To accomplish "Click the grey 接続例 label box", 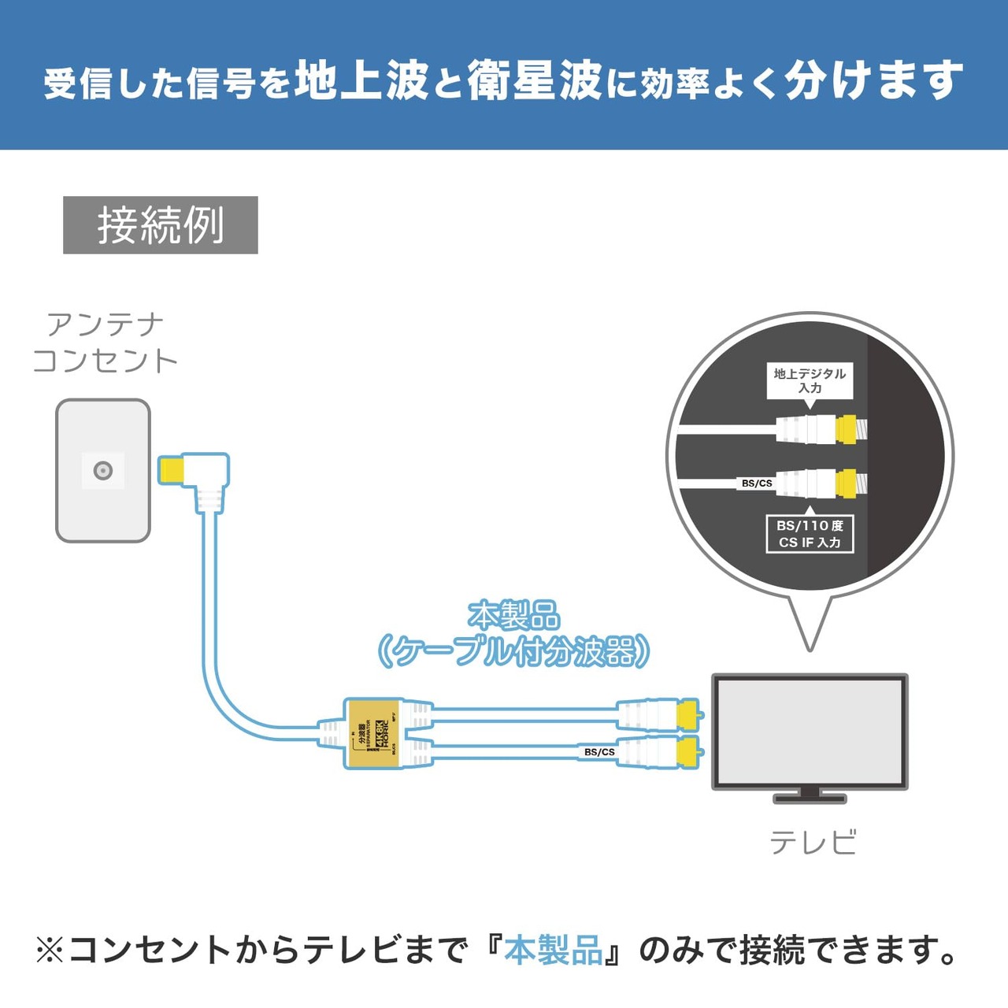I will tap(161, 225).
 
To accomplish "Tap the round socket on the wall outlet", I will tap(103, 471).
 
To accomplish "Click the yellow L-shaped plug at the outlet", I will tap(171, 470).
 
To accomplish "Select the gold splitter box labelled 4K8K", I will tap(372, 733).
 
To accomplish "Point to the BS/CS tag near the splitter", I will tap(599, 752).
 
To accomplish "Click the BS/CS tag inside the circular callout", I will tap(757, 483).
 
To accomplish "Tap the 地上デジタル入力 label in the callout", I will tap(810, 380).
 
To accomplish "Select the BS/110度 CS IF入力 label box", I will tap(810, 534).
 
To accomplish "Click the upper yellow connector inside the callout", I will tap(846, 428).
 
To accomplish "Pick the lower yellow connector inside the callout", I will tap(846, 484).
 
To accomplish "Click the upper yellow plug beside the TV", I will tap(687, 714).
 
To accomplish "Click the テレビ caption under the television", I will tap(813, 843).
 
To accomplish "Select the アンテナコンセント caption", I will tap(105, 343).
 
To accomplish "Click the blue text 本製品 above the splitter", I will tap(513, 615).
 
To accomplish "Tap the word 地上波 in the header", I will tap(361, 81).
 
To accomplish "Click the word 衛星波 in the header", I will tap(535, 81).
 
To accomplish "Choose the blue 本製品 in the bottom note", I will tap(554, 951).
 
